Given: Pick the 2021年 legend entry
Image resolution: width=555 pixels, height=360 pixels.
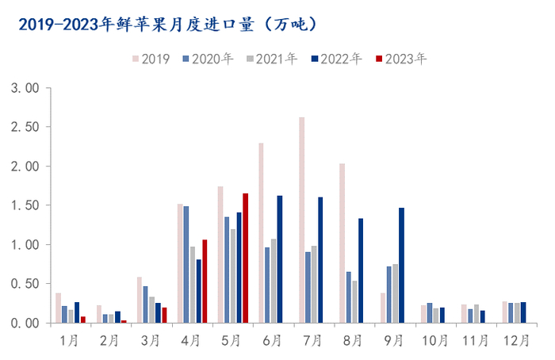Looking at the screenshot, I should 272,59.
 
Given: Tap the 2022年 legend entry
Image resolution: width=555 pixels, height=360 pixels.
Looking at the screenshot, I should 336,59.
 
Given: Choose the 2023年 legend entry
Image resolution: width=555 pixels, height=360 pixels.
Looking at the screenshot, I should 402,59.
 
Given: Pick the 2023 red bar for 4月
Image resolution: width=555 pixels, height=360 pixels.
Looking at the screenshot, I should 205,281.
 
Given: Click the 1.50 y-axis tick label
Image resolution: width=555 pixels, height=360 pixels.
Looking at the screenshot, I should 25,205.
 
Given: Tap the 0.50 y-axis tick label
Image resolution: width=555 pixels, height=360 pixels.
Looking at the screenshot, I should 25,284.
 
